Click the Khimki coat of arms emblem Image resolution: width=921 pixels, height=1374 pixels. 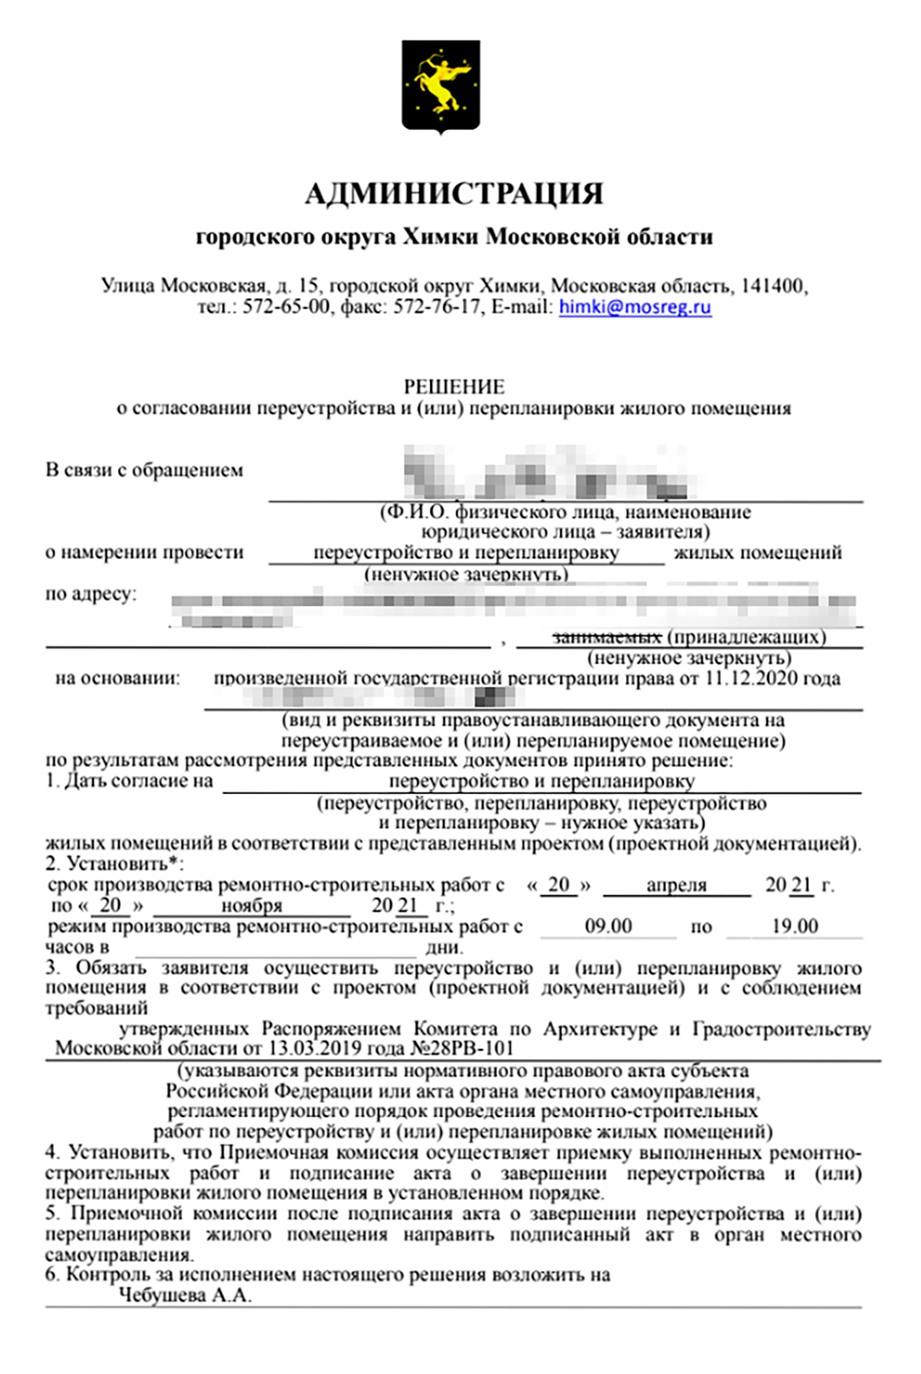point(440,87)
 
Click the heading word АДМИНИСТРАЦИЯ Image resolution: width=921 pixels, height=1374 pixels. point(454,194)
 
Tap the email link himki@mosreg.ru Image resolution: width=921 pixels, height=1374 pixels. point(635,307)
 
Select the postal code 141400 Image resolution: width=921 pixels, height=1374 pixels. point(772,285)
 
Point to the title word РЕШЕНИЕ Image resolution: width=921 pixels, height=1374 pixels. point(454,387)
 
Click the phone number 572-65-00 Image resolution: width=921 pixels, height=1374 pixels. point(286,307)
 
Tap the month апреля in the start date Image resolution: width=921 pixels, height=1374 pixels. point(676,885)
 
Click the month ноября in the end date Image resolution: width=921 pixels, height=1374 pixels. point(251,906)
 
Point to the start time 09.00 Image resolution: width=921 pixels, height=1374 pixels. point(608,926)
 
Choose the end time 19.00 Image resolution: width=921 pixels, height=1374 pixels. point(795,926)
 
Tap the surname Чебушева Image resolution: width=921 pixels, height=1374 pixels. point(162,1296)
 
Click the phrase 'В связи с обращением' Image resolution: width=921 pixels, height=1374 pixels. point(145,471)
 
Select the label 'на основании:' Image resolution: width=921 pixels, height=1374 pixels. point(118,679)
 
